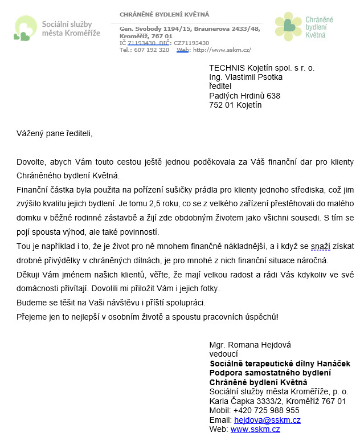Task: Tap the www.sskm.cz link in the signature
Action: (255, 430)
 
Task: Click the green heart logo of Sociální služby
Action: (25, 28)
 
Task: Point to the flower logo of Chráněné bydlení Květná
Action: (288, 26)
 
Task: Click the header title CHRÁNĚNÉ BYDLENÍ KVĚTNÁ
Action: (164, 14)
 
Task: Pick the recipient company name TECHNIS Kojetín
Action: (261, 68)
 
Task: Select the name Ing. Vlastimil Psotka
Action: (246, 77)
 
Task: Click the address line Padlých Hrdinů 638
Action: (244, 96)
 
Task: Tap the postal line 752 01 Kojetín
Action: (235, 105)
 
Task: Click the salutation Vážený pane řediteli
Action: (54, 134)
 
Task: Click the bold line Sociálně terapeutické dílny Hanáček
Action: (280, 364)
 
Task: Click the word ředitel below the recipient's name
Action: (222, 87)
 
